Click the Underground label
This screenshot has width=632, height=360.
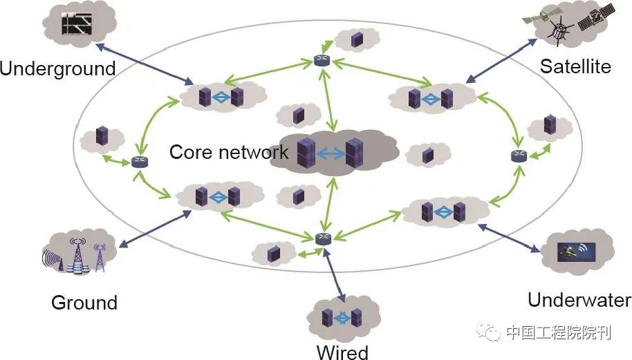coord(57,68)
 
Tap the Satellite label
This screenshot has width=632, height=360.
coord(575,66)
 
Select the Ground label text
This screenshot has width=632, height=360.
coord(84,303)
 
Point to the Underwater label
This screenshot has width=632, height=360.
coord(579,300)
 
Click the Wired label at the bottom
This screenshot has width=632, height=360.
coord(342,352)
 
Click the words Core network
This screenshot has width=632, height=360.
coord(229,152)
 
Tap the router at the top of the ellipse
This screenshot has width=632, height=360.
coord(322,61)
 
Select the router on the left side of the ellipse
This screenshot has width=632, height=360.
coord(140,162)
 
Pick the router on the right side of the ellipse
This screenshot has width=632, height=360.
coord(519,156)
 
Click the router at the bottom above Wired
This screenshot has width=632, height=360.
coord(323,239)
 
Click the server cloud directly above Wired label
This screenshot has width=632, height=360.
coord(342,319)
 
